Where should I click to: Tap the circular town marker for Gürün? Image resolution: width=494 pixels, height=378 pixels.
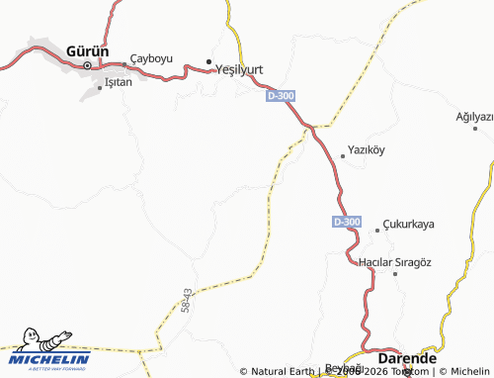[x=86, y=65]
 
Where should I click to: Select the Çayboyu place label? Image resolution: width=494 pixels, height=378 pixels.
[x=151, y=58]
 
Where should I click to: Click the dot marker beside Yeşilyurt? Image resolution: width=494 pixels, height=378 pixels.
[x=208, y=62]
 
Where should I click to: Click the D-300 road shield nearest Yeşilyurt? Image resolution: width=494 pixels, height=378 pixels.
[x=280, y=96]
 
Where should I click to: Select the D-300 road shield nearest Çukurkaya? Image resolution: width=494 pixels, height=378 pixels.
[x=347, y=222]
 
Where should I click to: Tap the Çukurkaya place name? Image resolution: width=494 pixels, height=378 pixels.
[x=409, y=225]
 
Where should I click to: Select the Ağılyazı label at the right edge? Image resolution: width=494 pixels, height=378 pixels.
[x=473, y=116]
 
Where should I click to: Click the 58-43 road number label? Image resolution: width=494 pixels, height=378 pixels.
[x=188, y=302]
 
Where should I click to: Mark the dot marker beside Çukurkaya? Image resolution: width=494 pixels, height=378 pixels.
[x=377, y=230]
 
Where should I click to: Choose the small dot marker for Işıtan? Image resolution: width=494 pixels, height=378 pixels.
[x=99, y=88]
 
